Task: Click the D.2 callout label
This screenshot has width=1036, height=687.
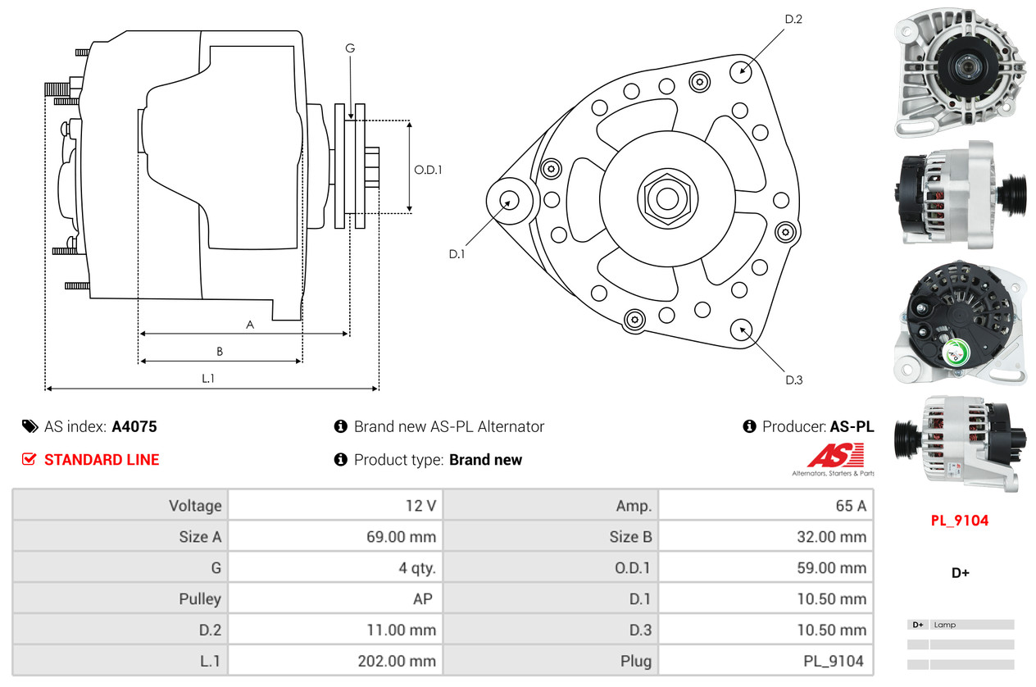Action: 793,19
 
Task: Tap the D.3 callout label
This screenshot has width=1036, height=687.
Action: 793,380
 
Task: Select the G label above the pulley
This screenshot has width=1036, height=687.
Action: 350,48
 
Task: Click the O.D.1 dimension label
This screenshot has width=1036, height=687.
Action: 428,171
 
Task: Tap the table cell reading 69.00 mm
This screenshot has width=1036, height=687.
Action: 401,537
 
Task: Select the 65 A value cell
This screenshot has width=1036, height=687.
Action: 850,506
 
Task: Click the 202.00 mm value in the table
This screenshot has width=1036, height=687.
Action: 398,661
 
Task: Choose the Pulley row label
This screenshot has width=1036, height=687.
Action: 200,598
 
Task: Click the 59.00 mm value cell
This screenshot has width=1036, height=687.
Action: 830,567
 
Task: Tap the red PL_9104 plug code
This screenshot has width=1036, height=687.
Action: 960,521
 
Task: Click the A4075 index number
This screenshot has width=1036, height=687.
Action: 134,426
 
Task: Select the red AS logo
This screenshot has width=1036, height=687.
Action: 835,455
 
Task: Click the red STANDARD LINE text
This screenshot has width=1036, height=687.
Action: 102,460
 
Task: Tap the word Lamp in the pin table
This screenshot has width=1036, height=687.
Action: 944,625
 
